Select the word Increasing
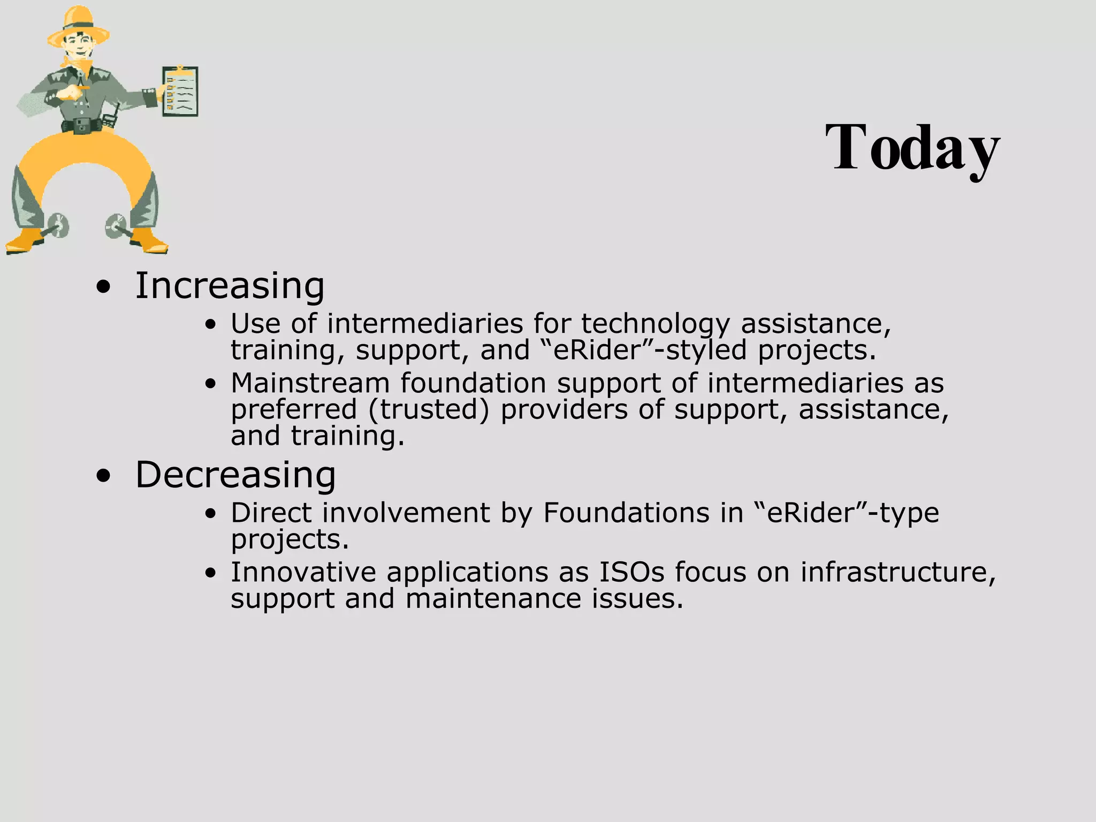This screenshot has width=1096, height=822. [230, 286]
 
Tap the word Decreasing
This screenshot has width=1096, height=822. [235, 475]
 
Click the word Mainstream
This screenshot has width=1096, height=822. [310, 383]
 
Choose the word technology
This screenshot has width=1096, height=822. [655, 324]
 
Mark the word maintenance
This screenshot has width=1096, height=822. [493, 598]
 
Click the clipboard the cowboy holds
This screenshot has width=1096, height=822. [180, 92]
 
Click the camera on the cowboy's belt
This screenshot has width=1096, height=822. [82, 126]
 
